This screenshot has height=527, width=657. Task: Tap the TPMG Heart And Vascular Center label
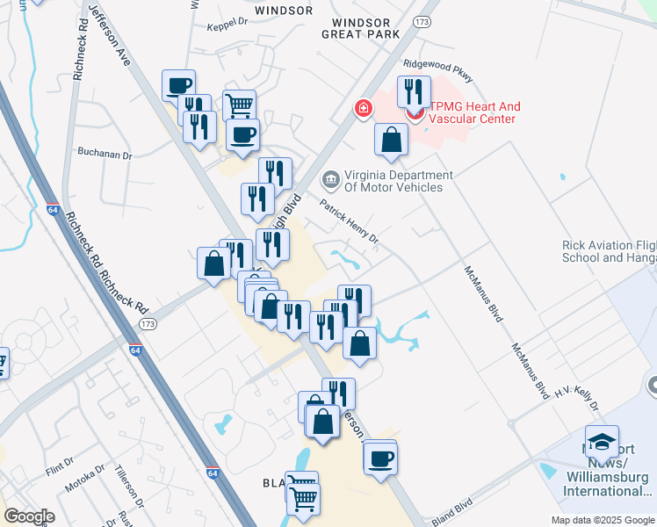(x=475, y=112)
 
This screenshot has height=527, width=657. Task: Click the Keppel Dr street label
(x=228, y=27)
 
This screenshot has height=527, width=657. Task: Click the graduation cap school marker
(x=603, y=442)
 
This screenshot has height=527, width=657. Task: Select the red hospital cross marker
(x=362, y=109)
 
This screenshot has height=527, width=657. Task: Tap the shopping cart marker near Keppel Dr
(x=239, y=106)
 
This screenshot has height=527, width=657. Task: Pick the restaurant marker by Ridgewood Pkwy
(x=413, y=92)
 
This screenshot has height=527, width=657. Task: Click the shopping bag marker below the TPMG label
(x=391, y=140)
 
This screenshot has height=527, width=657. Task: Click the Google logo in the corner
(x=29, y=516)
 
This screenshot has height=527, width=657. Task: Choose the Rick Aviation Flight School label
(x=609, y=251)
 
